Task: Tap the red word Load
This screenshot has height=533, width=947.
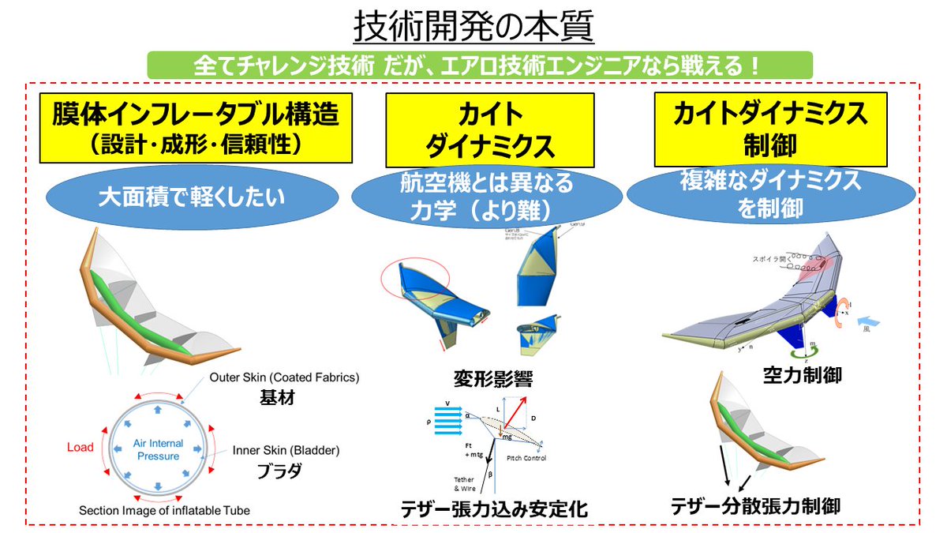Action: [x=80, y=447]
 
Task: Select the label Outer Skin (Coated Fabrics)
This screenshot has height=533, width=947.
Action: [x=284, y=378]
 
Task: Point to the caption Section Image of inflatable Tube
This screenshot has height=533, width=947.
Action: [x=164, y=511]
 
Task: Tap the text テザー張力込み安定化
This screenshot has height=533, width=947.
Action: [x=492, y=510]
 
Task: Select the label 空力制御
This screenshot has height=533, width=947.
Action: [x=803, y=375]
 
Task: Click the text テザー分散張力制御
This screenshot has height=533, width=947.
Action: [x=755, y=505]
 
